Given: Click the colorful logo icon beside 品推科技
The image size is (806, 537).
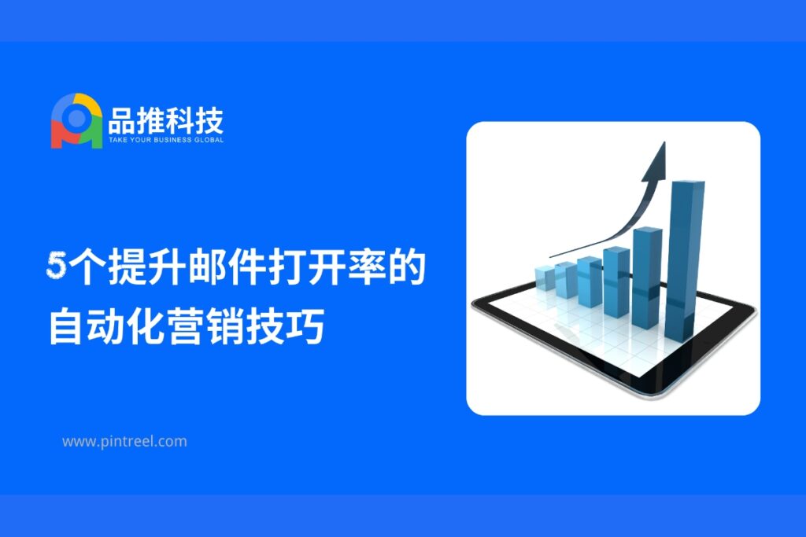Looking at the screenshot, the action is pos(76,121).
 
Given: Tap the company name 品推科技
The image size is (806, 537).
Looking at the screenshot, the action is pos(166,120).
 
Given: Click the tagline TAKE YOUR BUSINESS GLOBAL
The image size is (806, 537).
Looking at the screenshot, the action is pos(166,140).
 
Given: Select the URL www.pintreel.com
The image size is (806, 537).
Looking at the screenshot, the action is pos(124,442).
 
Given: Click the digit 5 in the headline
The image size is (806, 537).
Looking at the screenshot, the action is pos(56,266).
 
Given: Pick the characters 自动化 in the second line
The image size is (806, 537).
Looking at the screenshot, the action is pos(107,326).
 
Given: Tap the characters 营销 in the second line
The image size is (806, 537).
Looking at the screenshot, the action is pos(205,326).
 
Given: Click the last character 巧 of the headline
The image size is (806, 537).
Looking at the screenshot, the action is pos(305,326).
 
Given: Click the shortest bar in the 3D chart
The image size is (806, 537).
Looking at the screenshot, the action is pos(545,278).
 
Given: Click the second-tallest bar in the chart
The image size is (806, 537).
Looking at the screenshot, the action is pos(647,278).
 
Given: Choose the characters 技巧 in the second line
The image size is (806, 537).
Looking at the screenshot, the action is pos(285,326).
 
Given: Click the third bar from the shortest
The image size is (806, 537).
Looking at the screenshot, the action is pos(589,281).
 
